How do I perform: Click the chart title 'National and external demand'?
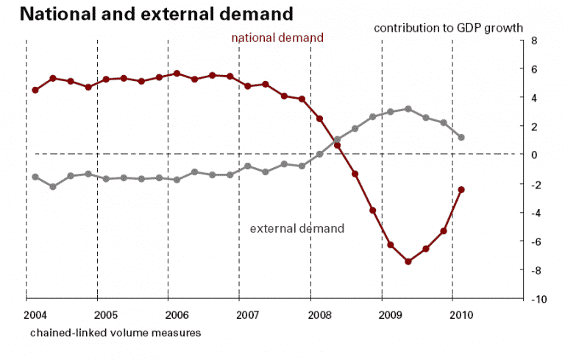(147, 13)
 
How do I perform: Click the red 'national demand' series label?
(277, 38)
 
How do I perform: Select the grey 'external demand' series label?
(297, 228)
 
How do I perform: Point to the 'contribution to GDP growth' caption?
(448, 28)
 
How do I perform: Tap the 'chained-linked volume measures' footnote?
(116, 332)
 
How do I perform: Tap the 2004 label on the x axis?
(36, 314)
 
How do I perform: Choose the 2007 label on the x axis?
(249, 314)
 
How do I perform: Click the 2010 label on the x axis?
(462, 314)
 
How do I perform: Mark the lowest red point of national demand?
(408, 261)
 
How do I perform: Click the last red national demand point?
(461, 189)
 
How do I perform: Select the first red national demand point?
(35, 90)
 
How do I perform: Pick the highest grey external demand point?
(408, 109)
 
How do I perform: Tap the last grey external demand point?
(461, 137)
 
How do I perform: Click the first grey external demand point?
(35, 177)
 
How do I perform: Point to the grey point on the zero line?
(319, 154)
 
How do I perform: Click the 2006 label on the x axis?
(178, 314)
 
